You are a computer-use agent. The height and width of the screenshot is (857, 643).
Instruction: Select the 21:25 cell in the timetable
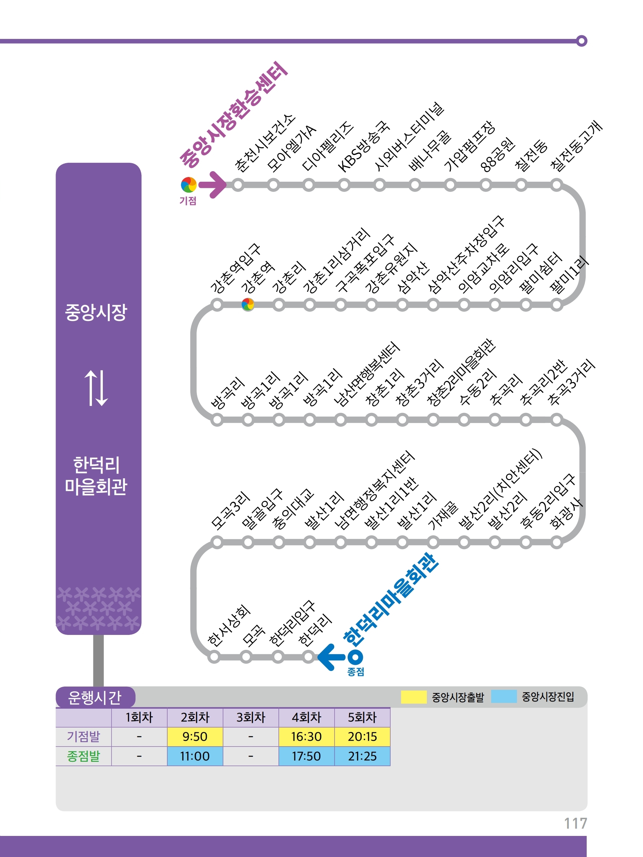(362, 756)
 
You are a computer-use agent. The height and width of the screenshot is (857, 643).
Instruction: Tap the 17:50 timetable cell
(306, 756)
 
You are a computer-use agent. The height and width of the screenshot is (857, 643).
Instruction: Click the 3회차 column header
(251, 717)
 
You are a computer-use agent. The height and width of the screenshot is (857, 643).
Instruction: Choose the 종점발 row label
(83, 756)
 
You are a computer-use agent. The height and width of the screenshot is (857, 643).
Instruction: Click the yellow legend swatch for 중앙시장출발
(414, 697)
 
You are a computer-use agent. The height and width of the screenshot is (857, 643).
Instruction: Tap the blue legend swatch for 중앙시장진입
(504, 697)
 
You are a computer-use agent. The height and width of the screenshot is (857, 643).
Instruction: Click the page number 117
(575, 824)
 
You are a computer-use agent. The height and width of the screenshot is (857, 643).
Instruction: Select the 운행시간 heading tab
(95, 697)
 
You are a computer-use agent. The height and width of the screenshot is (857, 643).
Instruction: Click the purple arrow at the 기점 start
(213, 185)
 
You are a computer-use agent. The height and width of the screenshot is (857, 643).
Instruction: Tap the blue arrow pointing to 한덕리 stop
(331, 657)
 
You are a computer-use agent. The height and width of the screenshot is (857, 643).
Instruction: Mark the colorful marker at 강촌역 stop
(248, 305)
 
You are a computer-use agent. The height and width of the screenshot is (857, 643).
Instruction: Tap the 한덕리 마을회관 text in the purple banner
(96, 476)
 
